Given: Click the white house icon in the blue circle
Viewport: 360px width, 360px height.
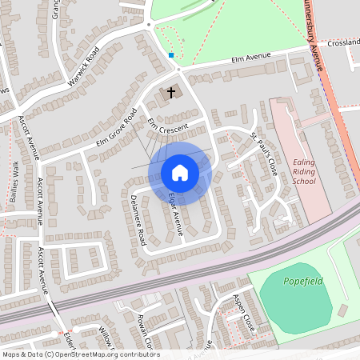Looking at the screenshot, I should click(179, 173).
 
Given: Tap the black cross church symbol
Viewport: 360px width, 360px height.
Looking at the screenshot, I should click(170, 93).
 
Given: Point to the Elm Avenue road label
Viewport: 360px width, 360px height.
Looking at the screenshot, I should click(250, 57).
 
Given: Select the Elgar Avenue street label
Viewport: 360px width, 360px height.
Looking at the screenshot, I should click(175, 213).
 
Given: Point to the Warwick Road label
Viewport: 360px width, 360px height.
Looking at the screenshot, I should click(83, 66).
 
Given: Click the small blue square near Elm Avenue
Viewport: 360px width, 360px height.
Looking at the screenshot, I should click(171, 55).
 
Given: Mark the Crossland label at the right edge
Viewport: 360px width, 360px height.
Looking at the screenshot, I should click(342, 42).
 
